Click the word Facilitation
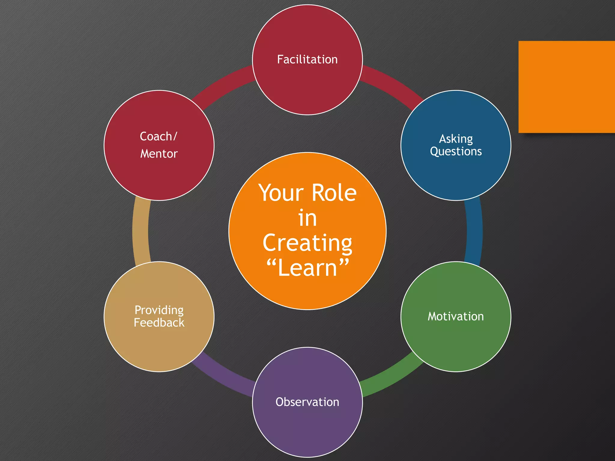pos(307,59)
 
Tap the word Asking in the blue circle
pos(456,139)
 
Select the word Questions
pos(456,152)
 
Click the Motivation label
pos(456,316)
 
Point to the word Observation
pos(307,402)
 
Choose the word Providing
pos(159,310)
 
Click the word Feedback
pos(159,323)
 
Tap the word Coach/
pos(159,137)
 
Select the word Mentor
pos(159,154)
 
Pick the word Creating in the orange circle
pos(307,243)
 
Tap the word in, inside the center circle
pos(307,218)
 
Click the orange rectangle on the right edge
pos(566,87)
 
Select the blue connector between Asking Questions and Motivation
pos(474,231)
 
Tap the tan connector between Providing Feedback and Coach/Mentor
pos(141,231)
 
